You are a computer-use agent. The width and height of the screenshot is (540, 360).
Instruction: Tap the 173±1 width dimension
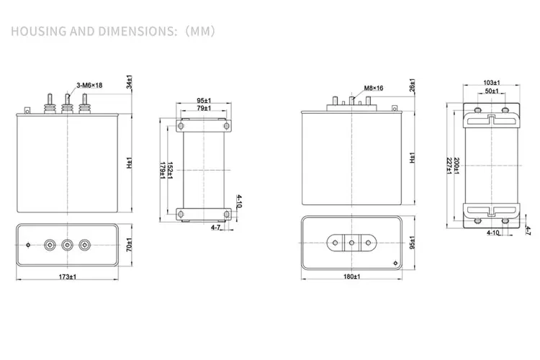click(68, 277)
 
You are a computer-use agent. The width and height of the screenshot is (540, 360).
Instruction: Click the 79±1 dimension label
click(204, 108)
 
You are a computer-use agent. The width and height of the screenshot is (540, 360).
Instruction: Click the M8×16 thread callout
click(374, 88)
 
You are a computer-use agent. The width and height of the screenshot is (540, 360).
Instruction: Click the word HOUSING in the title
click(37, 32)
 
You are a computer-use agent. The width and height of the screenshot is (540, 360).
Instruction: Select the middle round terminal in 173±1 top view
click(68, 244)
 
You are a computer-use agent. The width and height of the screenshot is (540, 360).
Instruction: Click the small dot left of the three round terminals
click(28, 244)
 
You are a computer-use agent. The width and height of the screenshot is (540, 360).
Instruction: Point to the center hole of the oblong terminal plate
click(352, 243)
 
